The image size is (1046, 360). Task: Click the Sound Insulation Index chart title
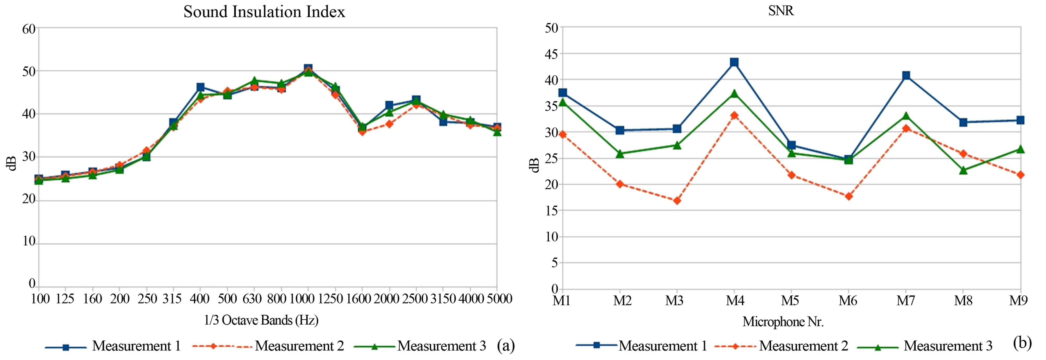coord(264,12)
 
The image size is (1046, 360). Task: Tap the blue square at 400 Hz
coord(200,87)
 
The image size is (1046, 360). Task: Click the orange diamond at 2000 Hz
coord(389,124)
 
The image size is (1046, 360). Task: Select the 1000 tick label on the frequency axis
coord(302,299)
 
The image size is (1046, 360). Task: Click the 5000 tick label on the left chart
coord(499,299)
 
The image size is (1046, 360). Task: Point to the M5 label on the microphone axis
coord(790,301)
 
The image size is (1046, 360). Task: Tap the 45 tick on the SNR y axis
coord(552,54)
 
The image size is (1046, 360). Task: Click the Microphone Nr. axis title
coord(783,322)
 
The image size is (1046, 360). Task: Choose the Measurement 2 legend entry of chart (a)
coord(299,346)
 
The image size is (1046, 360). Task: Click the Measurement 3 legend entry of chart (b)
coord(948,346)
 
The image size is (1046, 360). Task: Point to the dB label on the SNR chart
coord(535,165)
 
